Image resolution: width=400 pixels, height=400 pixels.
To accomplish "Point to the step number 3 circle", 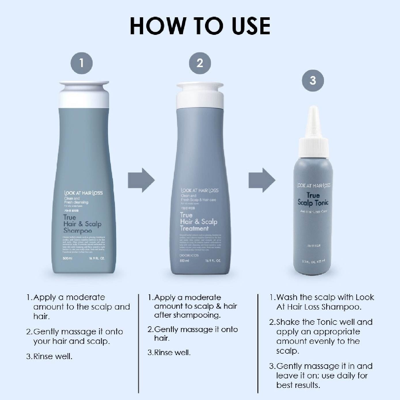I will (313, 80).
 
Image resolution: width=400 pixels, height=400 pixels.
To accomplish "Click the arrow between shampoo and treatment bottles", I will (141, 180).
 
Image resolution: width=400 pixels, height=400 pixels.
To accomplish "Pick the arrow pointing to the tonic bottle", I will (262, 180).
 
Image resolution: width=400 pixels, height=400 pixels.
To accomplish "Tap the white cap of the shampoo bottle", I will (84, 95).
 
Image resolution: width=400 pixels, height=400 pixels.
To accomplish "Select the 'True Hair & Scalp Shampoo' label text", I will (82, 224).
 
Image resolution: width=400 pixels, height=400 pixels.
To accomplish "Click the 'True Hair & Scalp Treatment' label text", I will (198, 222).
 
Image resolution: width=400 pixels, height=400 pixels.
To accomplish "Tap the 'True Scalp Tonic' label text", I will (313, 199).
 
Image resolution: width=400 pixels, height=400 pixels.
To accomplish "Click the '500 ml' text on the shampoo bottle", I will (67, 258).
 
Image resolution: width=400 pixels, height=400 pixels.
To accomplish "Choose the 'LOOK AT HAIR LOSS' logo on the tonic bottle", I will (314, 185).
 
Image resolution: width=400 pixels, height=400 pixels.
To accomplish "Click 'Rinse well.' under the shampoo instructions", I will (53, 357).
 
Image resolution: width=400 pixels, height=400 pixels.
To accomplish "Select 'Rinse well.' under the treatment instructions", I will (172, 352).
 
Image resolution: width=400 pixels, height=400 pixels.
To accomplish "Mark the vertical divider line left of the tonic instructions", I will (258, 343).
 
